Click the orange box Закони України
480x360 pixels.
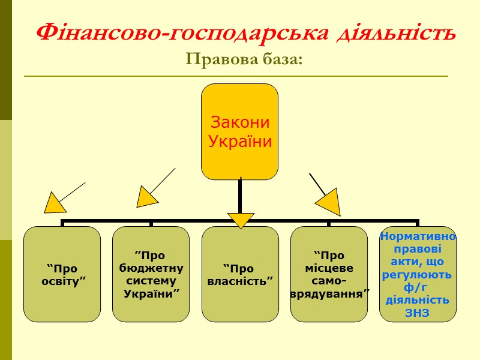point(239,131)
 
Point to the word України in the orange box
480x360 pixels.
point(239,142)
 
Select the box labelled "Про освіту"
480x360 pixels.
point(62,274)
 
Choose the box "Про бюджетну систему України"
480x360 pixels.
point(151,274)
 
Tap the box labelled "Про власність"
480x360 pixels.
point(240,274)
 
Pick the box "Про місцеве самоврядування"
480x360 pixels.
point(329,274)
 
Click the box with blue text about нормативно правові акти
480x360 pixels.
point(418,274)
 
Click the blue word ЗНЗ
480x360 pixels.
point(418,313)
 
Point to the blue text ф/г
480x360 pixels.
point(418,287)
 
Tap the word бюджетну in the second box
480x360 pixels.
point(151,268)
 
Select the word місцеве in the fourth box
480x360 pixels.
point(329,268)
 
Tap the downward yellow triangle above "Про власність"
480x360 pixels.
point(241,220)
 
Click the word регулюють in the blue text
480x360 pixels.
point(418,275)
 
